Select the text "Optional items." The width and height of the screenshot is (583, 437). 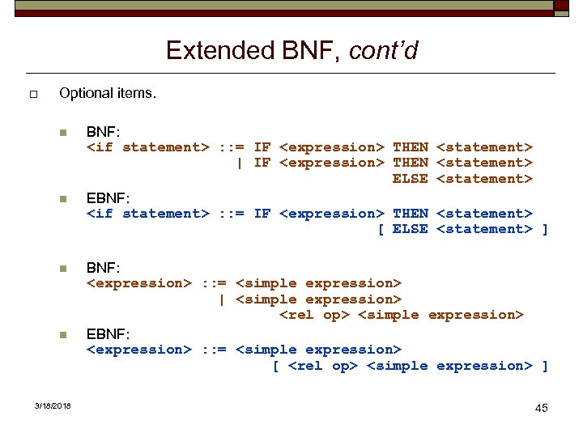(x=108, y=93)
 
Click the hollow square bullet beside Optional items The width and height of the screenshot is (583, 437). (x=33, y=95)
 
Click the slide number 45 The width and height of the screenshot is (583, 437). (x=541, y=407)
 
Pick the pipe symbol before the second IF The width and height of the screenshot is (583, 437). (x=239, y=163)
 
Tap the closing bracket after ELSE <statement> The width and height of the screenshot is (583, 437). (x=545, y=229)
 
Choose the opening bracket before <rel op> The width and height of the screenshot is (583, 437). (x=275, y=366)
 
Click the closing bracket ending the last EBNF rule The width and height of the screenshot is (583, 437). (x=545, y=366)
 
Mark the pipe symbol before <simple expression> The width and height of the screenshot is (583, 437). (x=222, y=299)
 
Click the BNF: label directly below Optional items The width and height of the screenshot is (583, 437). (x=103, y=131)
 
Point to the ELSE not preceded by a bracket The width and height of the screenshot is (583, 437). (x=410, y=179)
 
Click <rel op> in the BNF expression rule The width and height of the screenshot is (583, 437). (x=313, y=315)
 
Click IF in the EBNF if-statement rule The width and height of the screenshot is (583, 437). (x=262, y=214)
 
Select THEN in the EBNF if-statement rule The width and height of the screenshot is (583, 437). (x=410, y=214)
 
